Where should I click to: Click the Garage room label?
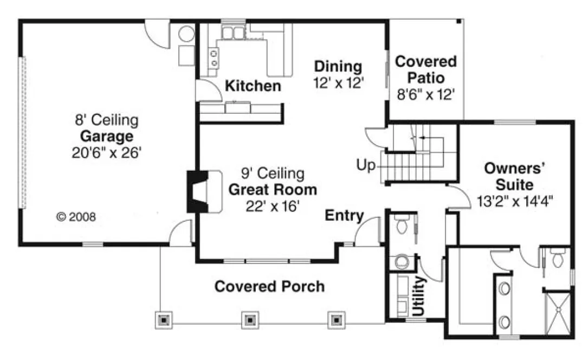tap(106, 136)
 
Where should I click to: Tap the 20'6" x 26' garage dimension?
tap(106, 152)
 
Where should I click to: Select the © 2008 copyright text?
tap(76, 217)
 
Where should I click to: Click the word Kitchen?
tap(253, 86)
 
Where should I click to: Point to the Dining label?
tap(338, 67)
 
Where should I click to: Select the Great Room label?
tap(273, 190)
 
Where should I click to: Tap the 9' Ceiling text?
tap(273, 174)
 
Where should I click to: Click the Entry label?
tap(344, 216)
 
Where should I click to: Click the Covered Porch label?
tap(269, 286)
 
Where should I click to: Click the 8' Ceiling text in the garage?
tap(106, 119)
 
